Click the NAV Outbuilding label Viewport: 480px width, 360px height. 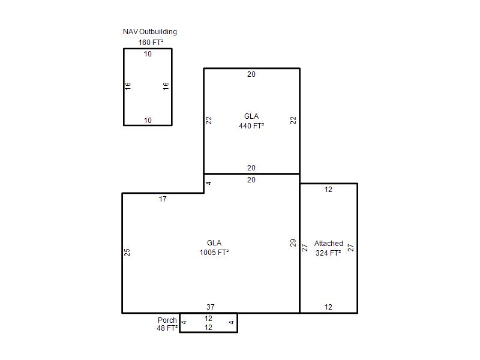(149, 32)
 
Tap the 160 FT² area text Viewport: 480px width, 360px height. (151, 42)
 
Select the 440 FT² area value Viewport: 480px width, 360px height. (251, 126)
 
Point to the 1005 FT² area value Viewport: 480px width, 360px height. (214, 253)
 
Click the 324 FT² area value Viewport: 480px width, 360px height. (328, 253)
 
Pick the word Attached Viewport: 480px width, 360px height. (328, 244)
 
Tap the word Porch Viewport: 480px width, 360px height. (167, 320)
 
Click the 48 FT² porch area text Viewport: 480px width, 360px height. (167, 328)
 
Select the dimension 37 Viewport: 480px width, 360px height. (211, 307)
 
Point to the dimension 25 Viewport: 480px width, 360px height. (127, 252)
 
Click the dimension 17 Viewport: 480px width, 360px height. (163, 199)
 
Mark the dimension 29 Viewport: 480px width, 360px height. (293, 243)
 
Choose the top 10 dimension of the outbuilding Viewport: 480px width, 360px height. (148, 54)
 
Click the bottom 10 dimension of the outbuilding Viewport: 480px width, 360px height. (148, 121)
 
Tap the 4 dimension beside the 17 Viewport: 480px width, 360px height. (209, 183)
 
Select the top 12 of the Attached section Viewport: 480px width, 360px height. (328, 190)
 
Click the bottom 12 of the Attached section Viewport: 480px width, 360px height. (328, 307)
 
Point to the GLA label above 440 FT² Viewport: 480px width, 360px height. (251, 116)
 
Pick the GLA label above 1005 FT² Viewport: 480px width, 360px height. (214, 243)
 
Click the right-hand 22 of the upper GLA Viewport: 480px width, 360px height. (293, 121)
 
